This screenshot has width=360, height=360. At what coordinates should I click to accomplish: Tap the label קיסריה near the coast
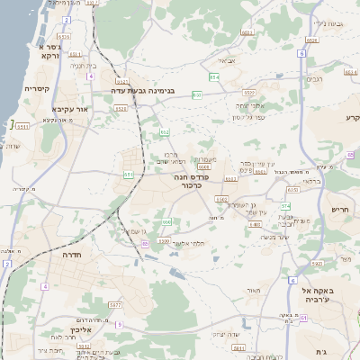[x=36, y=89]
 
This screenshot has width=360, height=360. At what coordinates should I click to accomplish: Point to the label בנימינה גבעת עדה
[x=148, y=91]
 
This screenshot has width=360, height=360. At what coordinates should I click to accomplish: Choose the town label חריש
[x=339, y=210]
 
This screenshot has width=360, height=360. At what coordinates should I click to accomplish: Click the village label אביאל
[x=228, y=60]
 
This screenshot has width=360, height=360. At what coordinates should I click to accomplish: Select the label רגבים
[x=314, y=79]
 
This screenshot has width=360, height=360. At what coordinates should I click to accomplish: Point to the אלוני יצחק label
[x=247, y=107]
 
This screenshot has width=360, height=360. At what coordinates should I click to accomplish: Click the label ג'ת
[x=321, y=351]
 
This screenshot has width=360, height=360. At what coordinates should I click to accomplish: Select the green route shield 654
[x=214, y=78]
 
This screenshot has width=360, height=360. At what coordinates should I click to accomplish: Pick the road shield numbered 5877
[x=115, y=305]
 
